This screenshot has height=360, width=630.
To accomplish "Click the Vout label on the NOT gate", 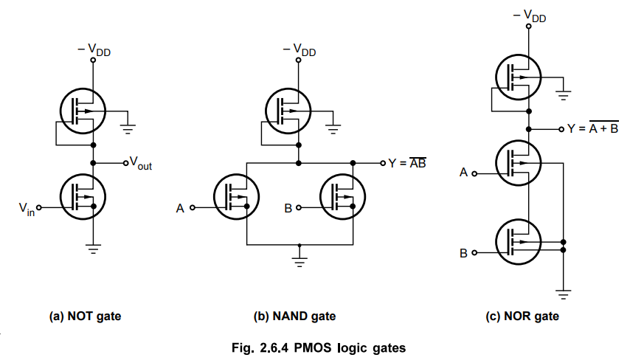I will (x=141, y=165).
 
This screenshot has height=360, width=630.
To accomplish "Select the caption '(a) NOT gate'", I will (x=85, y=316).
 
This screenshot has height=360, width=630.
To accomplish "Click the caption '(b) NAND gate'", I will (x=295, y=316).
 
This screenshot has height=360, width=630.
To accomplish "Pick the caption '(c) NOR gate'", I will (x=522, y=316).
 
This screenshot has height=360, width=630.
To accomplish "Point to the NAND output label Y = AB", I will (x=408, y=163).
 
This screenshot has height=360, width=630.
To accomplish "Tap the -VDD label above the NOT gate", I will (x=94, y=50).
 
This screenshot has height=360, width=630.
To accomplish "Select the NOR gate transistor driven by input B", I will (x=519, y=242).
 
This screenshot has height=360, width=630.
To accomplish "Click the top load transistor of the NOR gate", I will (x=519, y=77).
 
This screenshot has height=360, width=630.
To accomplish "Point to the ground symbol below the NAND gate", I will (x=299, y=258).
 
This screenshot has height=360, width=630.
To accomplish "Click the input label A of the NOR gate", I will (x=463, y=173).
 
